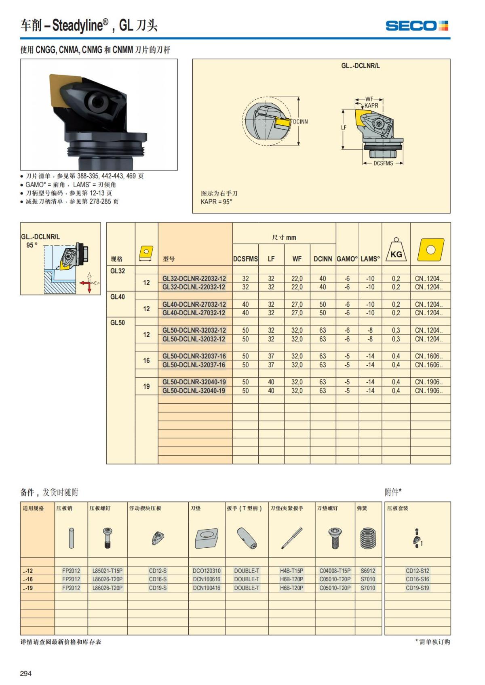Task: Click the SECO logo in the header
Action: click(x=417, y=26)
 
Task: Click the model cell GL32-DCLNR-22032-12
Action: click(x=194, y=279)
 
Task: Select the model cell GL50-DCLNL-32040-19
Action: click(x=194, y=391)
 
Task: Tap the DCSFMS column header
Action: click(x=245, y=259)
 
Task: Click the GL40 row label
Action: click(x=118, y=297)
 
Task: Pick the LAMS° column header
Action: click(x=370, y=259)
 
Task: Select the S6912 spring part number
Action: click(x=368, y=571)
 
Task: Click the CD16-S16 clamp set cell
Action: click(x=418, y=579)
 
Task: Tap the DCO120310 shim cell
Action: click(x=207, y=571)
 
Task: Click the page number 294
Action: click(x=25, y=673)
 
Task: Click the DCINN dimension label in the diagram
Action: click(x=300, y=121)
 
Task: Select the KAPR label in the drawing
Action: click(x=371, y=105)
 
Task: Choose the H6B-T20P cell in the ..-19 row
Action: click(x=291, y=588)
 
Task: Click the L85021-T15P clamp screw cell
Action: click(x=108, y=571)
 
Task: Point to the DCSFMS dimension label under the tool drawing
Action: click(x=383, y=163)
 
